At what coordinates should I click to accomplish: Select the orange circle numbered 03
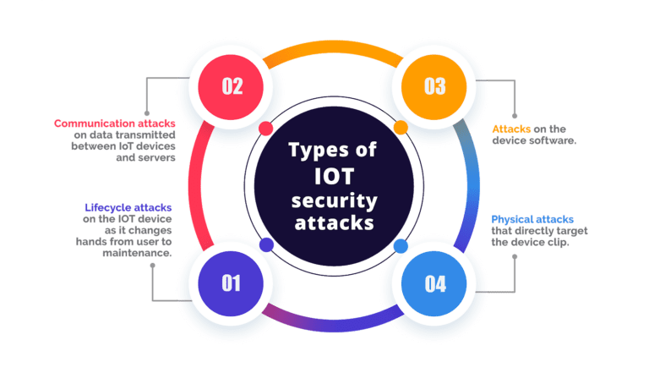pos(434,85)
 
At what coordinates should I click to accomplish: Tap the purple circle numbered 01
pos(232,282)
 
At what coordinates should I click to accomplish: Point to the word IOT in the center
pos(334,177)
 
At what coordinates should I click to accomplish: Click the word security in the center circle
pos(333,201)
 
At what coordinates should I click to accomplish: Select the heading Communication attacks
pos(115,123)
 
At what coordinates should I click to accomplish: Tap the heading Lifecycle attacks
pos(128,207)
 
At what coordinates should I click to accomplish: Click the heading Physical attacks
pos(532,219)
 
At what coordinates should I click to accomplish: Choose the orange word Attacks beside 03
pos(511,129)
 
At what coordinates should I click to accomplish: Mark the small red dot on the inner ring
pos(265,129)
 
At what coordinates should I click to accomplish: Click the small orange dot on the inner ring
pos(401,129)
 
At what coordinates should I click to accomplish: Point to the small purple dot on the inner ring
pos(265,244)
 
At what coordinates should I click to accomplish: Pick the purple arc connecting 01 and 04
pos(333,317)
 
